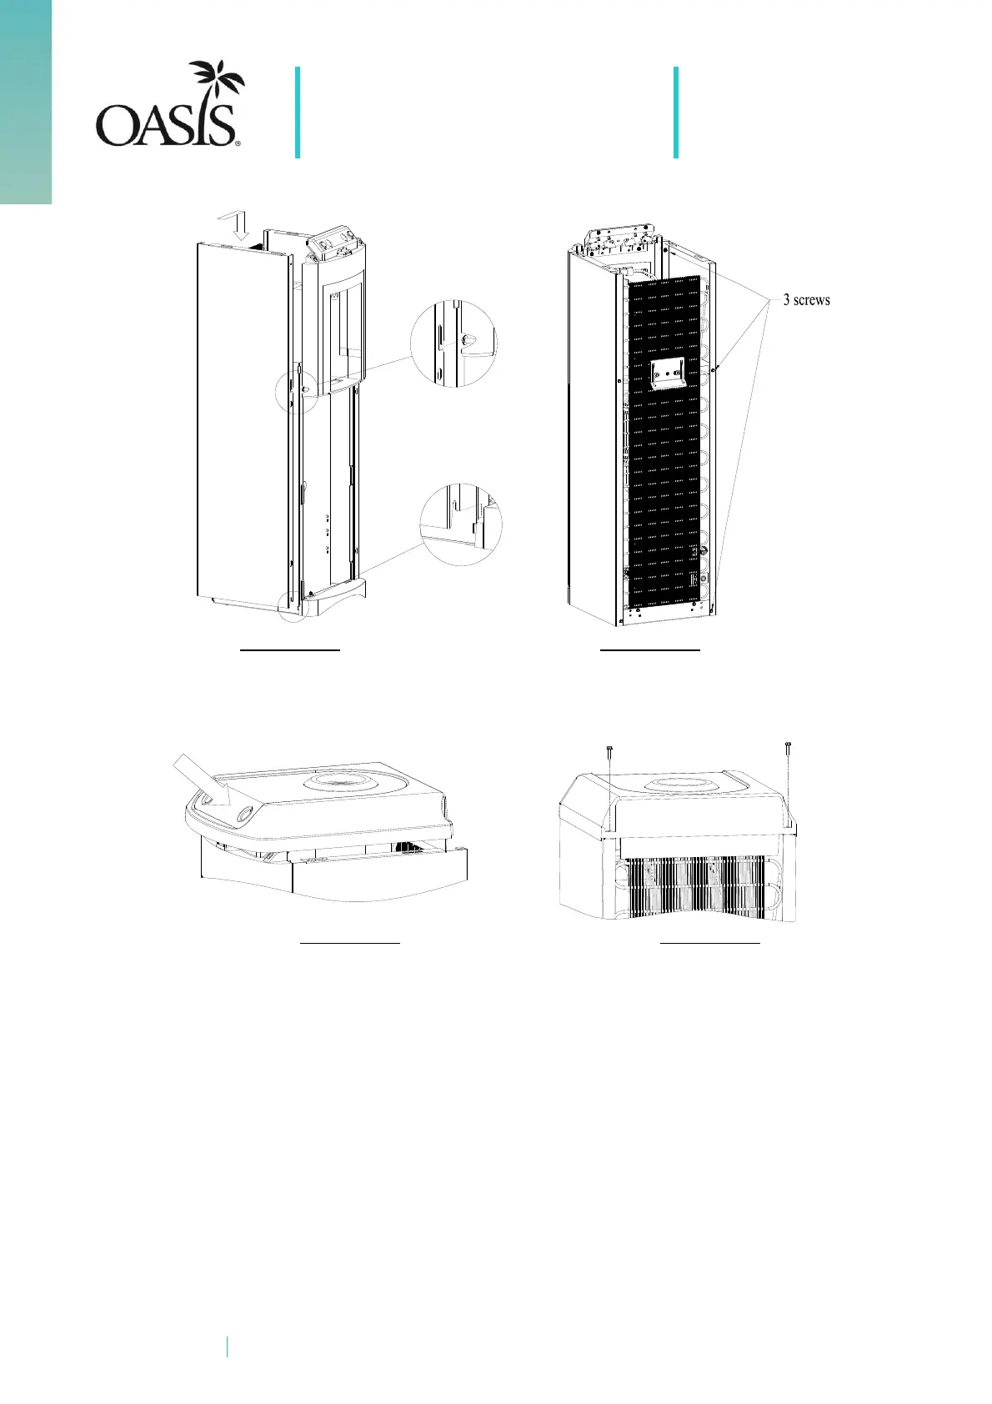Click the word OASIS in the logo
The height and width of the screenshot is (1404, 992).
click(x=168, y=126)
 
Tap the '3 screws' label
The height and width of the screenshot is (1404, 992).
click(x=806, y=300)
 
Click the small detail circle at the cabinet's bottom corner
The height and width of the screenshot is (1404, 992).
click(x=293, y=608)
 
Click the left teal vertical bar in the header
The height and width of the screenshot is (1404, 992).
click(x=297, y=113)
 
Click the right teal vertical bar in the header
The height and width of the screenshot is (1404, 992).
click(x=675, y=113)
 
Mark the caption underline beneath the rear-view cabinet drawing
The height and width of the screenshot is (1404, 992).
click(x=650, y=647)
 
